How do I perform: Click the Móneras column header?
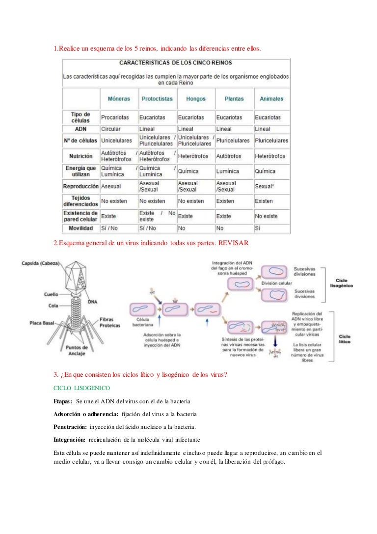(119, 99)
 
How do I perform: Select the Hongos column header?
(195, 99)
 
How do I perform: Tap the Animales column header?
(271, 99)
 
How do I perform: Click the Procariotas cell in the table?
(115, 117)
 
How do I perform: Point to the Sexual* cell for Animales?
(265, 187)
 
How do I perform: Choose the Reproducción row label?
(81, 187)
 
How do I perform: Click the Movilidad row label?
(81, 228)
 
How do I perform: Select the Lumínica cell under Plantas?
(227, 171)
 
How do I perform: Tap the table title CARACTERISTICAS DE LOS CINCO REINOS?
(176, 63)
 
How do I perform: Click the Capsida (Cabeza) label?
(41, 263)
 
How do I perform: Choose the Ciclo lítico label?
(345, 339)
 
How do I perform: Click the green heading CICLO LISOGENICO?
(81, 388)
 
